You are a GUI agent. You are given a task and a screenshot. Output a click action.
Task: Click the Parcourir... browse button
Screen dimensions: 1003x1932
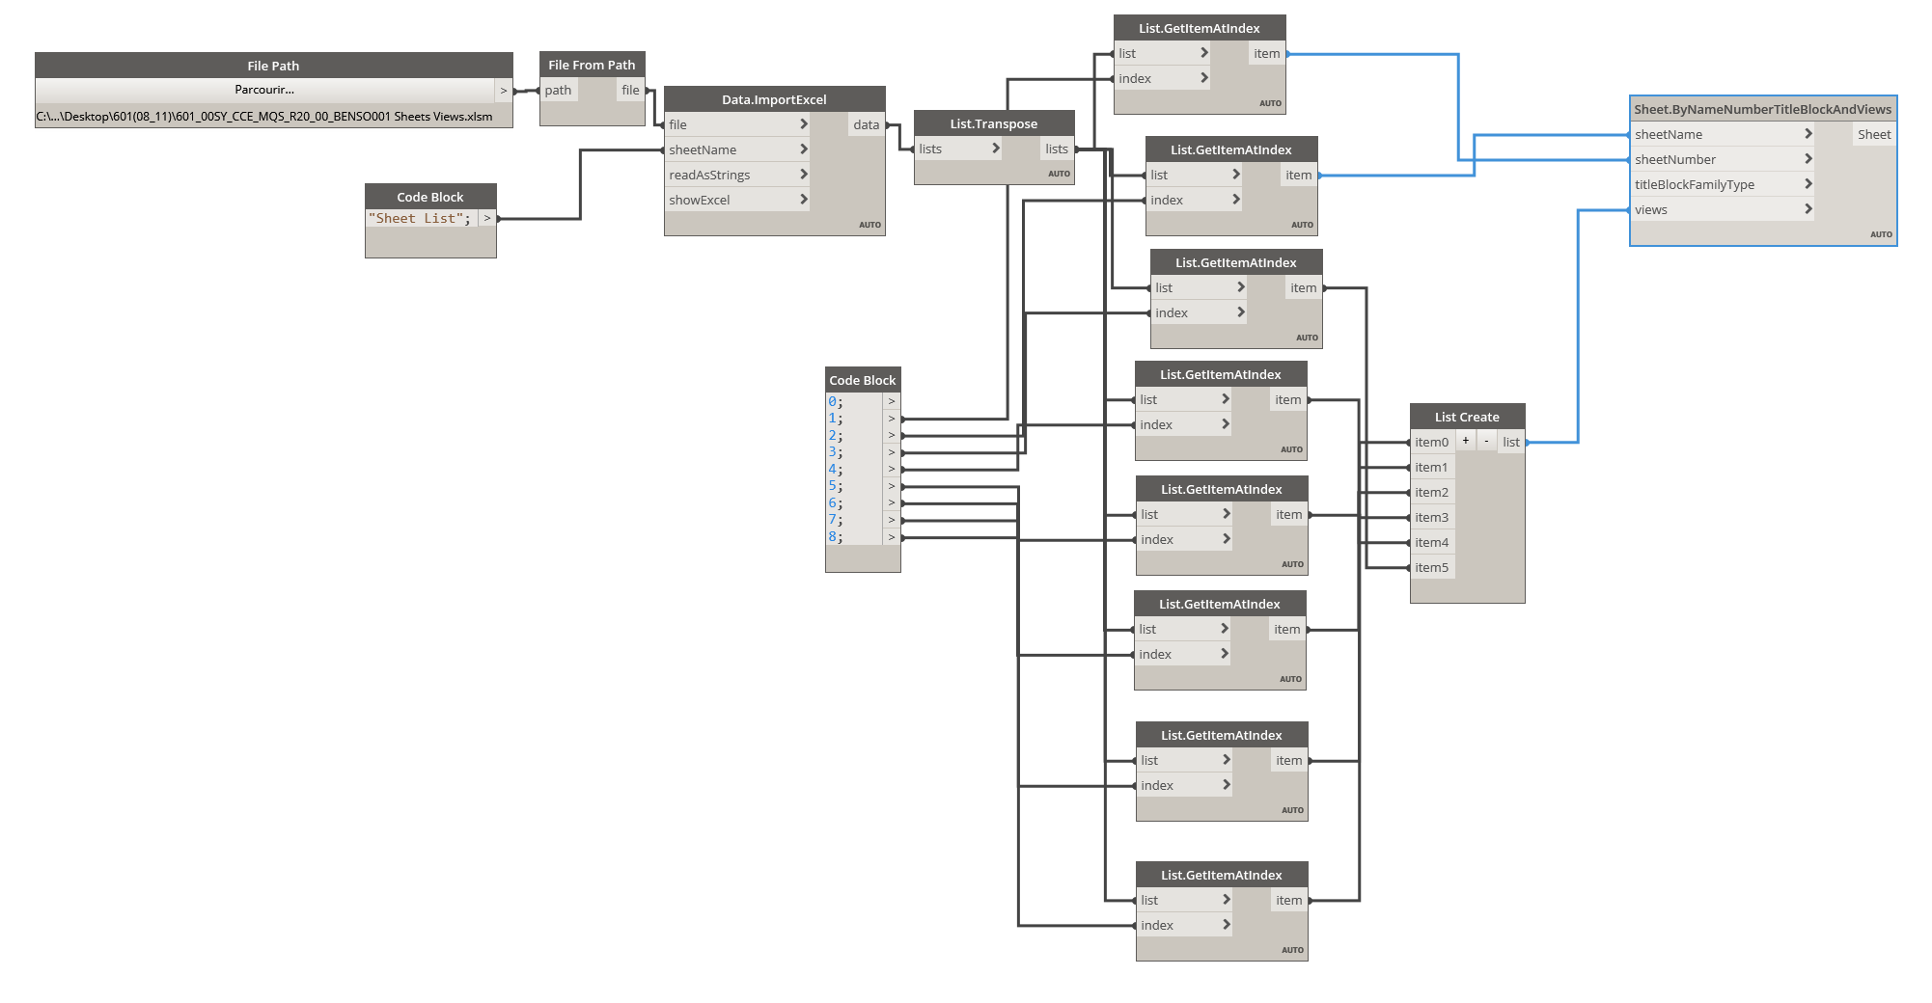[263, 90]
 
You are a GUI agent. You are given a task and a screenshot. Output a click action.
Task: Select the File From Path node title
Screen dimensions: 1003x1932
[592, 65]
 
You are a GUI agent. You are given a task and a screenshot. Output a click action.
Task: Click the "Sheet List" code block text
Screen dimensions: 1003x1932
[420, 219]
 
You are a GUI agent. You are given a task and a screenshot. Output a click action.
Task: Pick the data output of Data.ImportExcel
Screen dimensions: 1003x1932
[866, 124]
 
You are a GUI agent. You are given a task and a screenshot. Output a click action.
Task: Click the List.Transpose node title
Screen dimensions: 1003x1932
[993, 123]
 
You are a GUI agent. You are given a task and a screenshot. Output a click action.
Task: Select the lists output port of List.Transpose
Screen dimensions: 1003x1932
[1057, 149]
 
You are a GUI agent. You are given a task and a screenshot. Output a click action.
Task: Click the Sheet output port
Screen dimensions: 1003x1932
[1874, 134]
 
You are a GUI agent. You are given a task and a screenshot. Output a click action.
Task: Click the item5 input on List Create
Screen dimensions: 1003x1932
[1431, 567]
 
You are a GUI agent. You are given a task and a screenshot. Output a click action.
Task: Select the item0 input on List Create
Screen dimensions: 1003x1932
[1431, 442]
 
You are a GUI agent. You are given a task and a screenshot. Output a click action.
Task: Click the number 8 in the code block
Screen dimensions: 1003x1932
[832, 536]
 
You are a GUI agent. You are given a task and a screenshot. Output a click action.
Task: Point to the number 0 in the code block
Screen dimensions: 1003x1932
[832, 401]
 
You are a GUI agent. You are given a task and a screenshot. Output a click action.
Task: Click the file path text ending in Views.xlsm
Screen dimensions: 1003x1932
[264, 117]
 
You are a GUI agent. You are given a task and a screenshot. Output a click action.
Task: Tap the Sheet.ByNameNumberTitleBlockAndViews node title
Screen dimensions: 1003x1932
[1762, 109]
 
